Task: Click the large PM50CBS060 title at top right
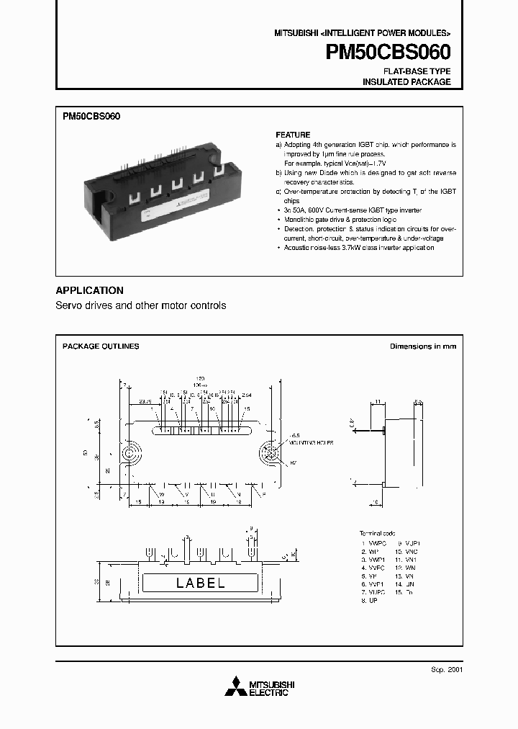(x=388, y=53)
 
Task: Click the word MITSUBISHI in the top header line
(x=295, y=34)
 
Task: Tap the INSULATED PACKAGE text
(x=406, y=82)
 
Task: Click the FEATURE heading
(x=293, y=135)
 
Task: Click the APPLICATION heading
(x=89, y=290)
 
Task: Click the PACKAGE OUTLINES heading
(x=101, y=346)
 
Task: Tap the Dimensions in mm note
(x=423, y=346)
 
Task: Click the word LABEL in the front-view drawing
(x=201, y=583)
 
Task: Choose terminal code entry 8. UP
(x=374, y=599)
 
